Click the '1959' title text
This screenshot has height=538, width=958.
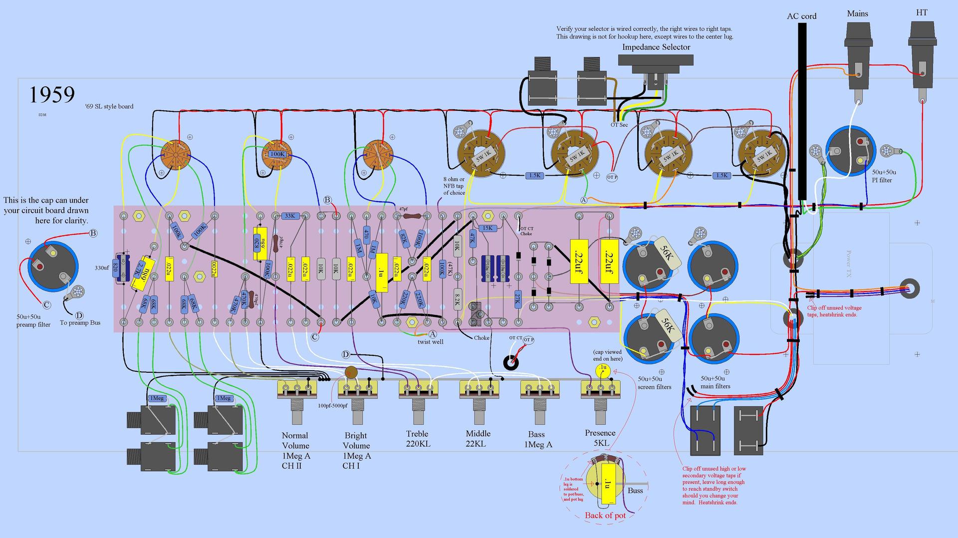(x=52, y=94)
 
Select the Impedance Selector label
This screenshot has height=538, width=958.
(x=656, y=47)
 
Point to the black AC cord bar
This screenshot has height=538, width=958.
(x=802, y=110)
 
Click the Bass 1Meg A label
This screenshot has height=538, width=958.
(x=537, y=439)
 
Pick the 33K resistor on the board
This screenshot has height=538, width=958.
(x=289, y=216)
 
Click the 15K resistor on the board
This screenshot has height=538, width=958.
(x=487, y=228)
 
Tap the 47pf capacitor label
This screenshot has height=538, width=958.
(x=403, y=209)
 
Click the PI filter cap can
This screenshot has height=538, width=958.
(x=850, y=150)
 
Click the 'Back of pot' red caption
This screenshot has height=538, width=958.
(x=605, y=516)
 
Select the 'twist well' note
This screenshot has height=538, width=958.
(x=430, y=342)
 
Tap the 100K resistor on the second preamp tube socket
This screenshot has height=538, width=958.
(x=276, y=154)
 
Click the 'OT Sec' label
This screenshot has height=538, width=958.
(x=619, y=125)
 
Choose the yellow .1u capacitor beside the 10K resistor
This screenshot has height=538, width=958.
(x=382, y=272)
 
